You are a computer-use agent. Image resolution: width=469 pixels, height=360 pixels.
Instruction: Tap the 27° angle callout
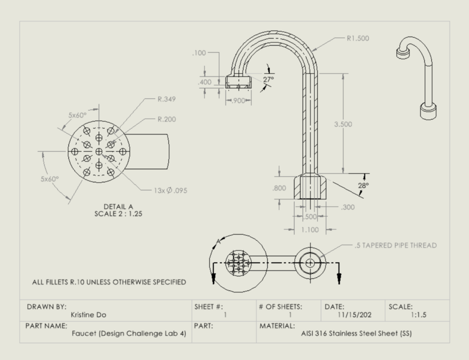(x=269, y=79)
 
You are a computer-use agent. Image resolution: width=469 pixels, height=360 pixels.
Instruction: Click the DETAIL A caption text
(x=118, y=206)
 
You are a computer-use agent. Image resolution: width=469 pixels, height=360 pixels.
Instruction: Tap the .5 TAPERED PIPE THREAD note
(x=395, y=245)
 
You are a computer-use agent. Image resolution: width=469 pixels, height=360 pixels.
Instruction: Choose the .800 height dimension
(x=279, y=188)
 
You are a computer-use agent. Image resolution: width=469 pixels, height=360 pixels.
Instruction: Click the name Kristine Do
(x=90, y=315)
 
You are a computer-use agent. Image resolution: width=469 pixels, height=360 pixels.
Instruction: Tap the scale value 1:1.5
(x=426, y=315)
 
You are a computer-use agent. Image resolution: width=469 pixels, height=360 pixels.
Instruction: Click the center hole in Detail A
(x=99, y=152)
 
